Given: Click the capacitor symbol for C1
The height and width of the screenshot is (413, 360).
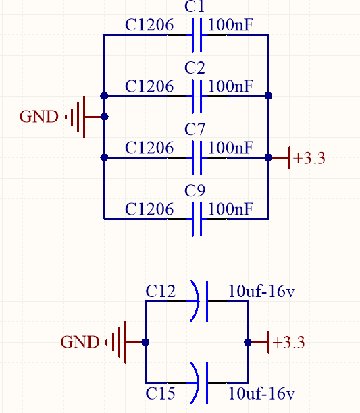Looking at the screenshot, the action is [197, 35].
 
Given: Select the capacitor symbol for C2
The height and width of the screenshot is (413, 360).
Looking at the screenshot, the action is [197, 96].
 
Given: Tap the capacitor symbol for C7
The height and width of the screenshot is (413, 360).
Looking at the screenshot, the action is [197, 157].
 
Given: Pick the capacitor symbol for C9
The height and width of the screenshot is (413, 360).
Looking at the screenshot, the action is [197, 219].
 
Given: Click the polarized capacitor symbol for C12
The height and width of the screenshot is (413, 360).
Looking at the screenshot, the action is [200, 301].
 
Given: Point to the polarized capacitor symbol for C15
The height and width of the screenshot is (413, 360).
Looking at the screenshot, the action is [200, 383].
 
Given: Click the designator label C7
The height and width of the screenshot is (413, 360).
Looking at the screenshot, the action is [195, 130].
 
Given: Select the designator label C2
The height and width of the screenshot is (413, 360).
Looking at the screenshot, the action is [195, 68].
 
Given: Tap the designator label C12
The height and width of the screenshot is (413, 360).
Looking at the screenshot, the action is [160, 292].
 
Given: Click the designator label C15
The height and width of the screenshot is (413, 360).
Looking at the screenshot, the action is [160, 393].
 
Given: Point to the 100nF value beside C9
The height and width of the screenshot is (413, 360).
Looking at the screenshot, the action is [230, 209].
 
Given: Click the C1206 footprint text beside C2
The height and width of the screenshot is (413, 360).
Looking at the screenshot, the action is [149, 86].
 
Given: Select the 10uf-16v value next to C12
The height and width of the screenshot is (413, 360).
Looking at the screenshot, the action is [261, 292].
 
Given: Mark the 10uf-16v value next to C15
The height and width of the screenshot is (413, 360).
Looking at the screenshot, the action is [261, 393].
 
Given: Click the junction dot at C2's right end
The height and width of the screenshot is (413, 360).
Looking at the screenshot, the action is [268, 96].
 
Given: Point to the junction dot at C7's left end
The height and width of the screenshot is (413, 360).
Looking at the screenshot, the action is [105, 157].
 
